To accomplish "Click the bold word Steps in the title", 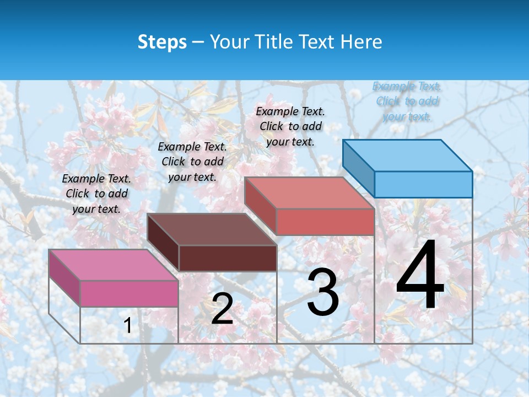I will pyautogui.click(x=162, y=42).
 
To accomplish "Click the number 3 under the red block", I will pyautogui.click(x=323, y=292).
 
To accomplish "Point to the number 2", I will pyautogui.click(x=222, y=309).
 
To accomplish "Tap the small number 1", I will pyautogui.click(x=128, y=325).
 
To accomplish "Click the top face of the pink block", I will pyautogui.click(x=113, y=265).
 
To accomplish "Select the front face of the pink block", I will pyautogui.click(x=129, y=293).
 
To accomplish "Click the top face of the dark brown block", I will pyautogui.click(x=212, y=229).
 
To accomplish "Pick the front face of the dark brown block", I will pyautogui.click(x=228, y=258).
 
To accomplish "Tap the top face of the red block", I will pyautogui.click(x=309, y=193).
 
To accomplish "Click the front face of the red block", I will pyautogui.click(x=325, y=222).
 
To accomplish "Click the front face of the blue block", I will pyautogui.click(x=423, y=184).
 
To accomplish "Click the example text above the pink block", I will pyautogui.click(x=96, y=194).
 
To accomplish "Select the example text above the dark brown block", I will pyautogui.click(x=192, y=162).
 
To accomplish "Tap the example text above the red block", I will pyautogui.click(x=290, y=126).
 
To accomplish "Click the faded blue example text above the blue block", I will pyautogui.click(x=407, y=101).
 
